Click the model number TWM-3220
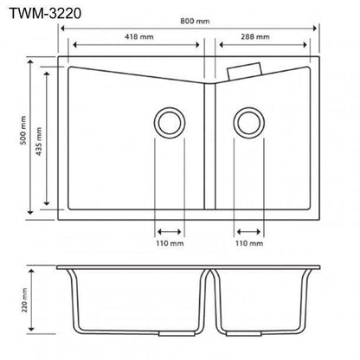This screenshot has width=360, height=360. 45,14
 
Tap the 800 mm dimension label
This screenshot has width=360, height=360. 195,21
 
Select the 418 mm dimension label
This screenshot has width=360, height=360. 139,37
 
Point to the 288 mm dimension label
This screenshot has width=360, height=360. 255,37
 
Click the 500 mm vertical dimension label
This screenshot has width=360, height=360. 23,130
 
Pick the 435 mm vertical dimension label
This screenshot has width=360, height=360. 39,141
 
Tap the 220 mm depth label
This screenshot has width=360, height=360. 24,300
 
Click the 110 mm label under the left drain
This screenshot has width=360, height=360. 170,243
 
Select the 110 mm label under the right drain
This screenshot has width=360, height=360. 249,243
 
